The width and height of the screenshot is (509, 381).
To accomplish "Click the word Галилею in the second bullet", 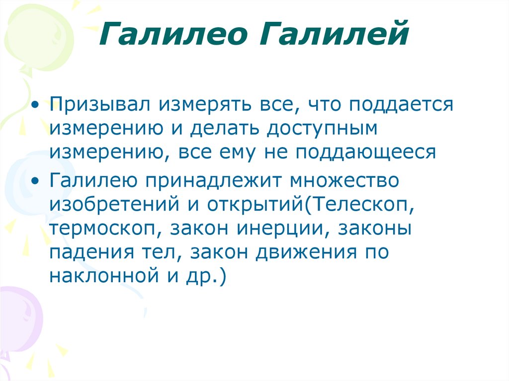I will (x=94, y=181).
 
